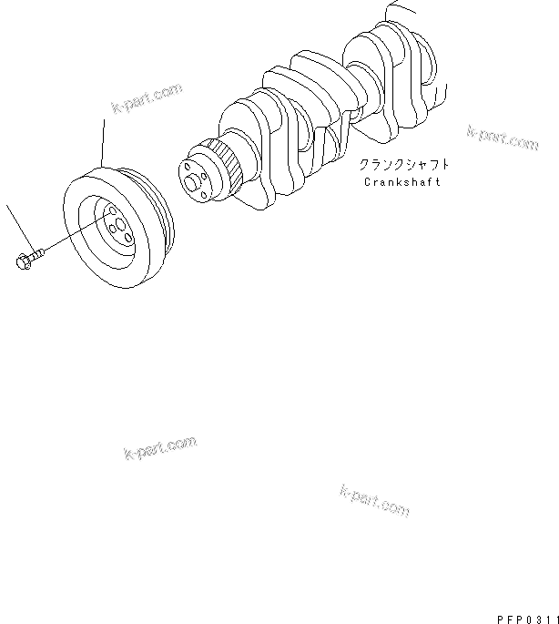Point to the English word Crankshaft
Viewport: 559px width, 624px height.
401,181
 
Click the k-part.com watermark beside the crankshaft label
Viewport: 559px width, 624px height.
503,137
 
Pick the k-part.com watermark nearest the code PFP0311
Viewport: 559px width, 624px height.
373,499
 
